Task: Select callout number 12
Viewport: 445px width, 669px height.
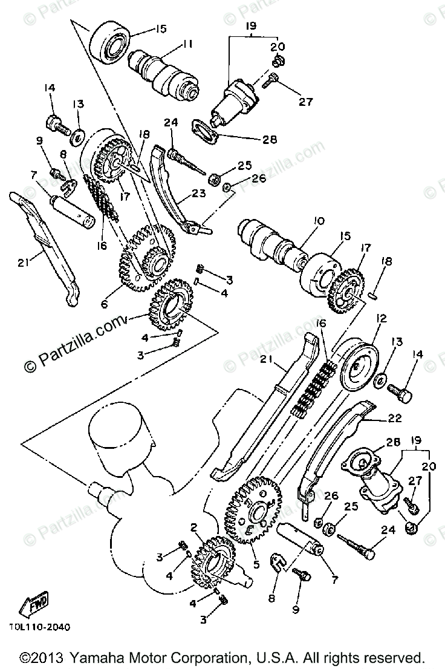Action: pyautogui.click(x=381, y=318)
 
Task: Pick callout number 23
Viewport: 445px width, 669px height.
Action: pyautogui.click(x=199, y=194)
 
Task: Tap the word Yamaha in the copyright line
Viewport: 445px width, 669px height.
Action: pyautogui.click(x=91, y=658)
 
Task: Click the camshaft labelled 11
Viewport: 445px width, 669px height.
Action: pyautogui.click(x=166, y=73)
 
